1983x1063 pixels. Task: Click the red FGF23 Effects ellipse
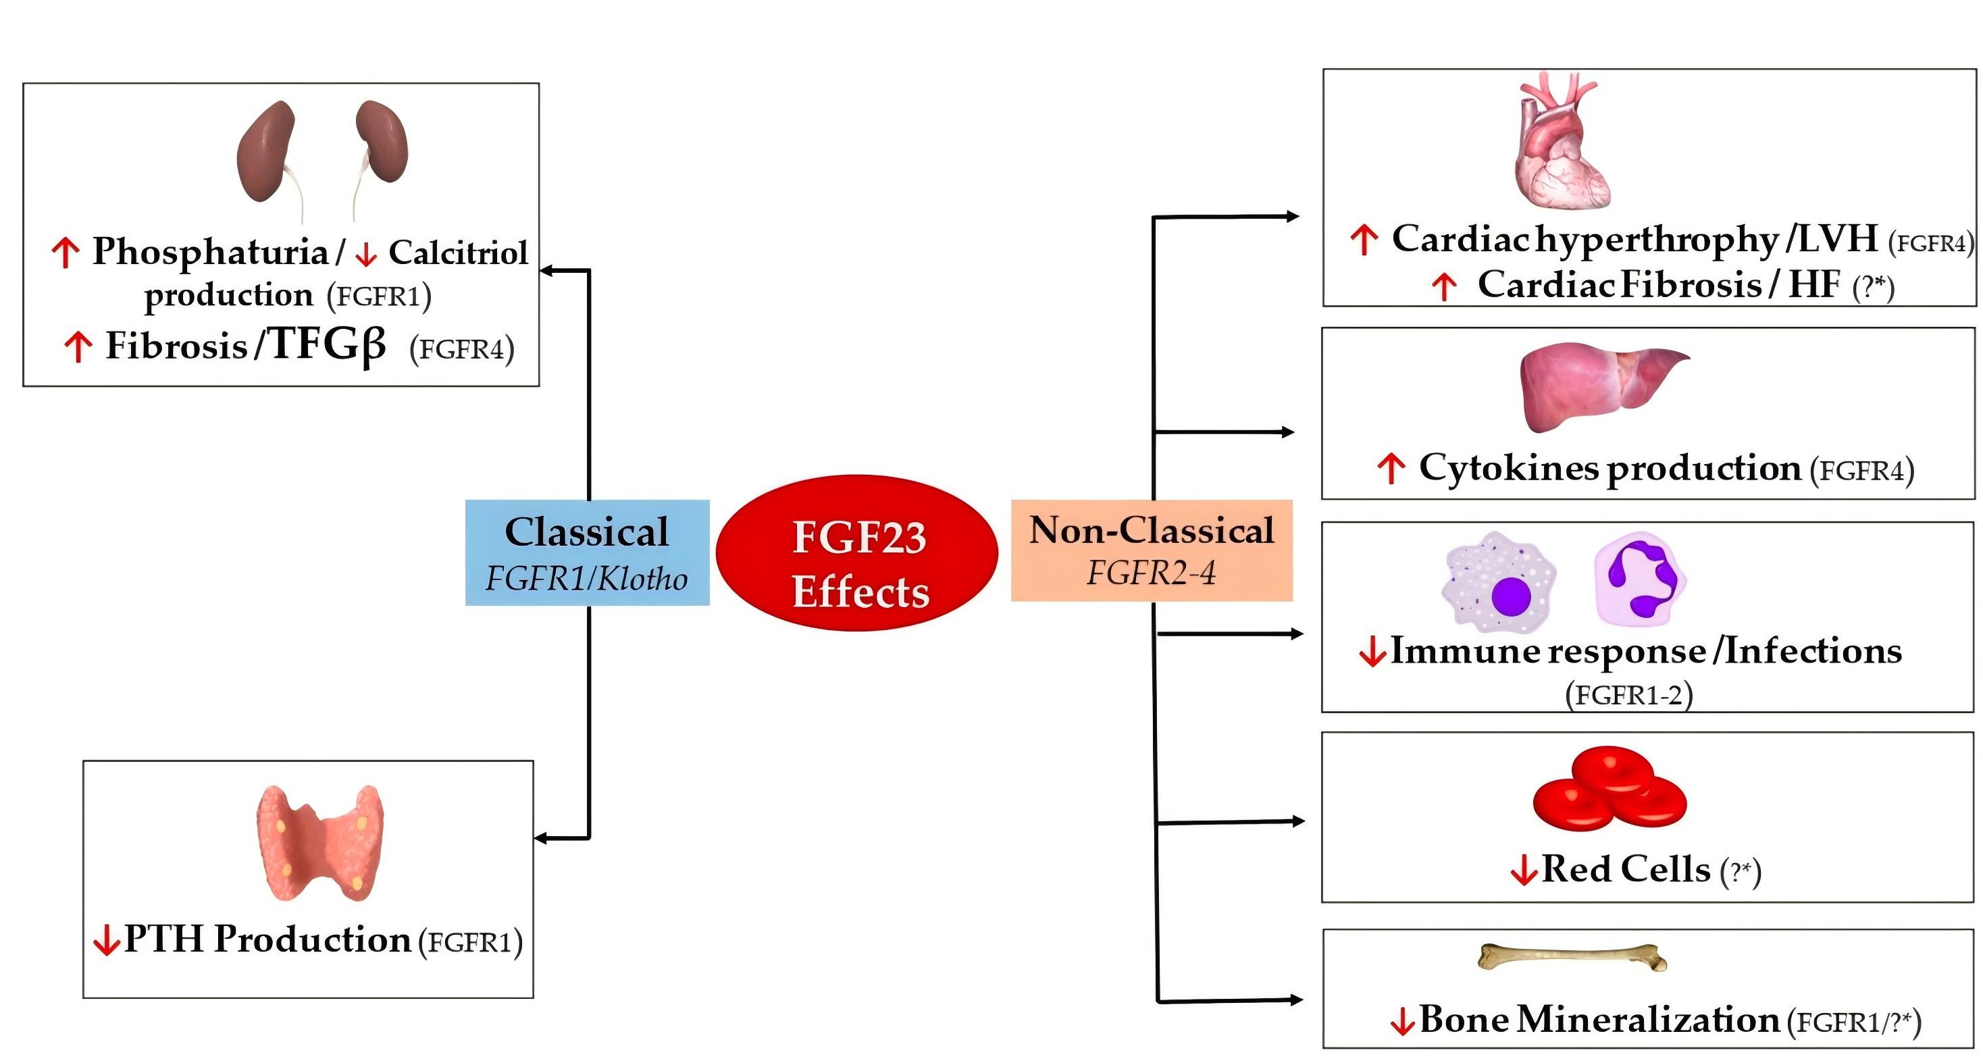(857, 552)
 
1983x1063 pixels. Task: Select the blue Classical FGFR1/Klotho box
(586, 552)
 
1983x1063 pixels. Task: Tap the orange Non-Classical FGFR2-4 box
(1151, 550)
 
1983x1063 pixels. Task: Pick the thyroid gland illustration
(319, 843)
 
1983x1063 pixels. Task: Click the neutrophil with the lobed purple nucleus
(1640, 579)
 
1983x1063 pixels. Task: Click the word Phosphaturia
(210, 252)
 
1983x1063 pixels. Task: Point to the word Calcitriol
(458, 253)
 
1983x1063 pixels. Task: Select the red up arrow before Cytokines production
(1390, 468)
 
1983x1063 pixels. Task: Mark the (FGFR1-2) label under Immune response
(1628, 694)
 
